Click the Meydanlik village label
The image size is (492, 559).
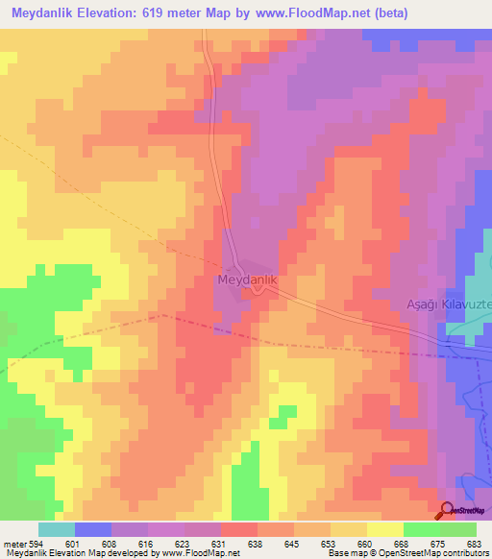(x=248, y=279)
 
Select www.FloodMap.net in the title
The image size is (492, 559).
(x=307, y=13)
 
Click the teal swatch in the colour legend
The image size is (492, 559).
(x=56, y=529)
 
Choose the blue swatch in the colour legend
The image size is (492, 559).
(x=92, y=529)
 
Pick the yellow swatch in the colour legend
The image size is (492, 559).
(x=384, y=529)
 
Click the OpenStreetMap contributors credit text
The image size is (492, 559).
(x=441, y=553)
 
